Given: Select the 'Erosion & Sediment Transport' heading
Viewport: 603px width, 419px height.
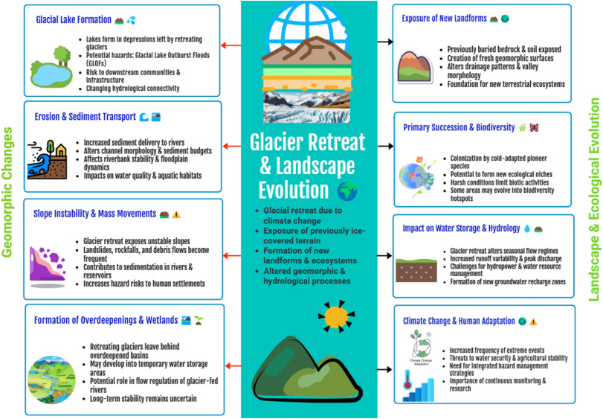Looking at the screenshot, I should (84, 117).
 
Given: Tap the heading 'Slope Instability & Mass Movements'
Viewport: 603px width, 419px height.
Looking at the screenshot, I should (94, 214).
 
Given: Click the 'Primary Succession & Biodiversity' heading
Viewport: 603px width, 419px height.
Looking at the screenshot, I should (459, 127).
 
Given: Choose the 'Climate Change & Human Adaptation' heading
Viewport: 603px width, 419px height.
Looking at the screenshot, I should (459, 321).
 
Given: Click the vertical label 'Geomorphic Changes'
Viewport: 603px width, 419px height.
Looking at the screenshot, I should (8, 192).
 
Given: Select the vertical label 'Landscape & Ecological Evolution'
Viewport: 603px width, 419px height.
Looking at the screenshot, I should (594, 201).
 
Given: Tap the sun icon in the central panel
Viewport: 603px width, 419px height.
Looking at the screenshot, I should (337, 316).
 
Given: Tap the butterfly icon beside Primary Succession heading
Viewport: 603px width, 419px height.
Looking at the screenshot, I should (533, 127).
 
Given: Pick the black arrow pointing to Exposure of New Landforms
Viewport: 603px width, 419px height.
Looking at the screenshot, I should (385, 42).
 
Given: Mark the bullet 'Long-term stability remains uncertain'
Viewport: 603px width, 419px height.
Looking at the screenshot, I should (143, 399).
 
